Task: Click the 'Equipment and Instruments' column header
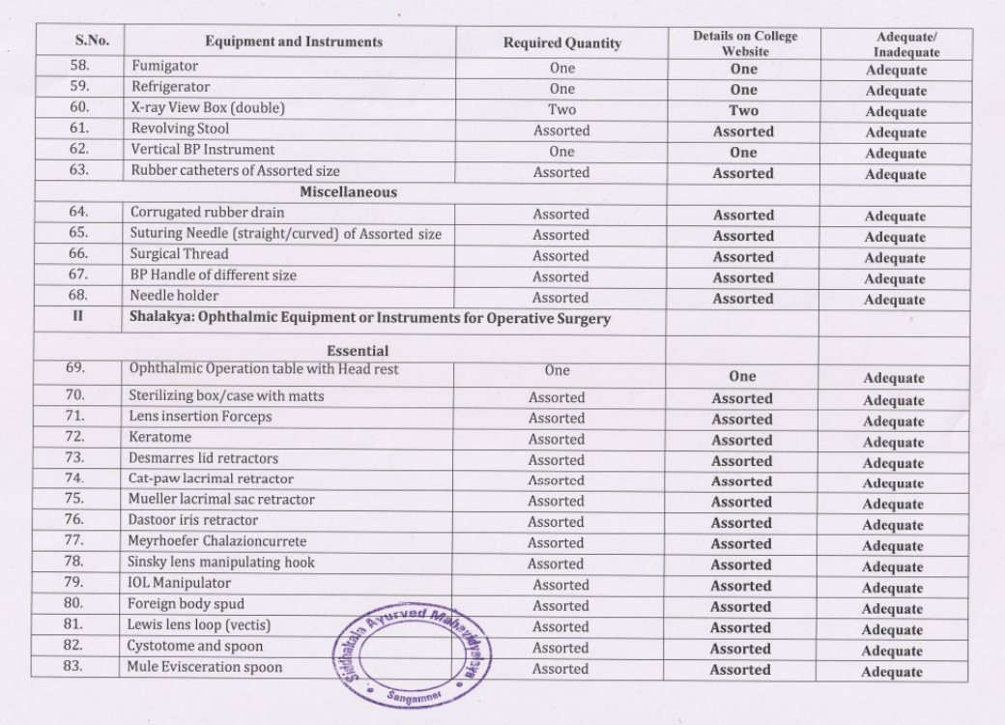[x=293, y=42]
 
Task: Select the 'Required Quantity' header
[x=561, y=43]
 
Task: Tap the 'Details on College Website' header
[x=744, y=43]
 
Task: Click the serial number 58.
[x=79, y=67]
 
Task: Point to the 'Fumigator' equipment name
[x=164, y=67]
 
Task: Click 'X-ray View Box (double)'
[x=208, y=108]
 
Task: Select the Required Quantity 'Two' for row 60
[x=561, y=110]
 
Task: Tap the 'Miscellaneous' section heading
[x=348, y=192]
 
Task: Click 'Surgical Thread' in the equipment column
[x=180, y=254]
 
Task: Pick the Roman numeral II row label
[x=79, y=318]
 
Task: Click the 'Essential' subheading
[x=357, y=351]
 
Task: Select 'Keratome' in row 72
[x=159, y=437]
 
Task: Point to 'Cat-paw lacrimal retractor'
[x=211, y=478]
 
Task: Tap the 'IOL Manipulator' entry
[x=180, y=583]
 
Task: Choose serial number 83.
[x=79, y=667]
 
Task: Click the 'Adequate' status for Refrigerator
[x=896, y=91]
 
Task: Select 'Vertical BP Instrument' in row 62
[x=202, y=150]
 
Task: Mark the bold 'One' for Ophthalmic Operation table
[x=742, y=377]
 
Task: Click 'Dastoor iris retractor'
[x=193, y=520]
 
